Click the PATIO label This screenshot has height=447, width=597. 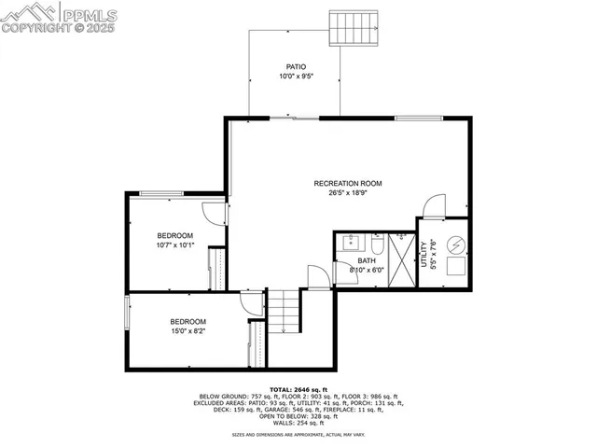296,67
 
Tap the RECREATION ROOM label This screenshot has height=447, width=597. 348,183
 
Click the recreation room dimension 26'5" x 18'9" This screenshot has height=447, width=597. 348,193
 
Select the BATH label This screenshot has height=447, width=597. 367,261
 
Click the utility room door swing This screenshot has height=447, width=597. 435,207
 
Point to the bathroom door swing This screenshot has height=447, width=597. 318,274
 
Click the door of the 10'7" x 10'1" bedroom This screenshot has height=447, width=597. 215,213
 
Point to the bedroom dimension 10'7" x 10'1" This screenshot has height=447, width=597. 174,245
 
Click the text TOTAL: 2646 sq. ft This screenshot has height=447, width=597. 299,388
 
